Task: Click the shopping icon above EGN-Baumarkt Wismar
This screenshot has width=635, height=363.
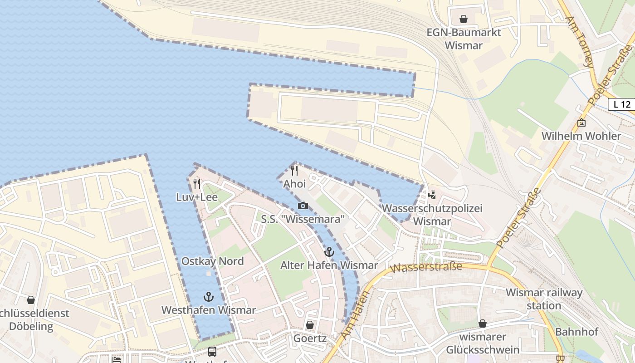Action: point(464,19)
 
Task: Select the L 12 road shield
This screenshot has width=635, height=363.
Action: point(622,104)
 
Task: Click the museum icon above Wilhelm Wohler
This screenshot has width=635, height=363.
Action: point(581,123)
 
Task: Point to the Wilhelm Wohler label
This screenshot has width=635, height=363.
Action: point(581,136)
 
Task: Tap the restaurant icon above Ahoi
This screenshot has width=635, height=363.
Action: point(294,171)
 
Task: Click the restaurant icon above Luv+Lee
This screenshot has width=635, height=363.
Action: point(197,184)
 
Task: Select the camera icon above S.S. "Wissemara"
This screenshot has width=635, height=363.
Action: point(303,206)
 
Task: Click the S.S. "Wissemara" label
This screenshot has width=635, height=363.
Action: point(303,219)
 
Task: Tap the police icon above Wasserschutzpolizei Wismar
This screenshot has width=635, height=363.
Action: point(432,195)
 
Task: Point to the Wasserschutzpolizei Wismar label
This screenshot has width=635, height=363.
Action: point(432,215)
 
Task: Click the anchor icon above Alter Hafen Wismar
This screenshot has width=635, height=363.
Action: point(329,252)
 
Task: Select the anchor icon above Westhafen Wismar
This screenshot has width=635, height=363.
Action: point(209,297)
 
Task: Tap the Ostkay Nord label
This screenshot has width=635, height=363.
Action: point(212,261)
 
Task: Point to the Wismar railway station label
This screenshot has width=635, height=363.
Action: point(544,299)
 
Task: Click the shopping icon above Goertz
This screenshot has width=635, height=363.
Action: point(310,325)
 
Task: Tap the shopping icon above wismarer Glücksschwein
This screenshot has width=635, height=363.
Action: point(483,324)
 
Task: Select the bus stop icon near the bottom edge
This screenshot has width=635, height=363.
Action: point(212,352)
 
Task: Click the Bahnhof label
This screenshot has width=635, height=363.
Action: point(576,332)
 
